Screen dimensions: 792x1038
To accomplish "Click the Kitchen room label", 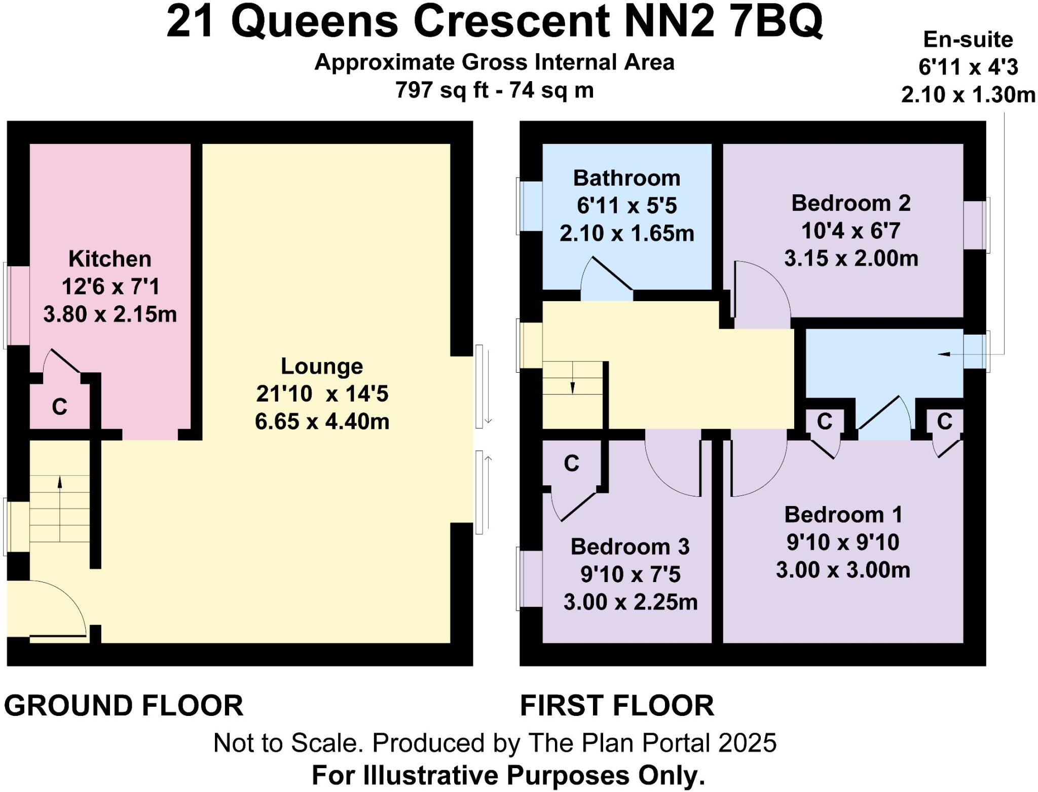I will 109,259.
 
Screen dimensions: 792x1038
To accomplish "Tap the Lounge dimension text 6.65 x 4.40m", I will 322,422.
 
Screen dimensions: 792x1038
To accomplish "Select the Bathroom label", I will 626,178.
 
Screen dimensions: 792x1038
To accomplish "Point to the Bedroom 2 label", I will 851,203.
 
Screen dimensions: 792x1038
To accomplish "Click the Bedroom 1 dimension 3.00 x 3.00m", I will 843,570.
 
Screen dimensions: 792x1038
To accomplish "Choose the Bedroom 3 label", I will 630,547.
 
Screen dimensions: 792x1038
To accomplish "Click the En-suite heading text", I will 968,40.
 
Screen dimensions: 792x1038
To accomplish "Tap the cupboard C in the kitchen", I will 59,407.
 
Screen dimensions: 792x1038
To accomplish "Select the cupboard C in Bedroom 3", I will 571,463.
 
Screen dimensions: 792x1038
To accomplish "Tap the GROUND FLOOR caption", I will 124,706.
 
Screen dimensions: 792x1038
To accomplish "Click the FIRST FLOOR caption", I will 617,706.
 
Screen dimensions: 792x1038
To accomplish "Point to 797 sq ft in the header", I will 441,90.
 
